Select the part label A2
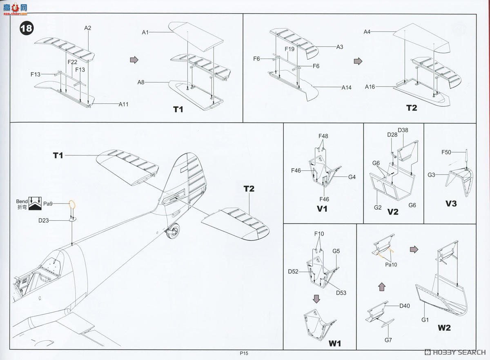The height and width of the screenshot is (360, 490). click(x=88, y=28)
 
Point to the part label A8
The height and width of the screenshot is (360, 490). click(x=141, y=83)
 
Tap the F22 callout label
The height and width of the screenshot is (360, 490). click(x=72, y=62)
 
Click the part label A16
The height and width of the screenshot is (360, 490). click(x=370, y=87)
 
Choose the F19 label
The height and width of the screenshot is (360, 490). click(x=290, y=49)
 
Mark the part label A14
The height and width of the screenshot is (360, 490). click(x=347, y=87)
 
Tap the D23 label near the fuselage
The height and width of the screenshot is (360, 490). click(x=44, y=221)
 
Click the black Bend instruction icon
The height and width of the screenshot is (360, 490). click(x=35, y=203)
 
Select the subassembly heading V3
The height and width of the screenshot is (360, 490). click(x=451, y=203)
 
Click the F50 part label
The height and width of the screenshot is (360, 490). click(x=446, y=152)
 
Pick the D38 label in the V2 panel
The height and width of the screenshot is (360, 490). click(x=403, y=130)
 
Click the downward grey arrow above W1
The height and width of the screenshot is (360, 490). click(x=316, y=300)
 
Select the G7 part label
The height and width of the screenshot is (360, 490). click(x=388, y=340)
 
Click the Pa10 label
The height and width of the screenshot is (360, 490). click(x=391, y=264)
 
